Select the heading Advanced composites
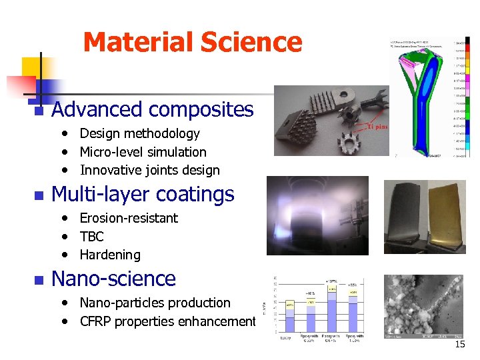click(x=152, y=109)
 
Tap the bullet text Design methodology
click(x=139, y=133)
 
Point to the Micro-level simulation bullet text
click(x=143, y=152)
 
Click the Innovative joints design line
click(x=149, y=170)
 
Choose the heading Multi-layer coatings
click(x=143, y=194)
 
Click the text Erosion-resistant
click(x=129, y=218)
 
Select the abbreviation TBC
click(x=92, y=236)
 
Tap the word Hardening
click(x=110, y=255)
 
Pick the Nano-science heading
click(x=113, y=279)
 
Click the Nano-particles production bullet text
click(x=155, y=303)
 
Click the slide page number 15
click(x=459, y=345)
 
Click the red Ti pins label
click(x=377, y=127)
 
